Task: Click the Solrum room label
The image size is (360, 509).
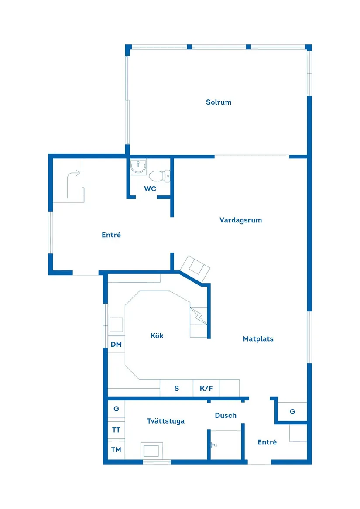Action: [219, 102]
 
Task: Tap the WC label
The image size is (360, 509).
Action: [150, 189]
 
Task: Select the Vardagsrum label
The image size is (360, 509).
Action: [240, 220]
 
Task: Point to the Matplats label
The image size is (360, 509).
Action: [258, 339]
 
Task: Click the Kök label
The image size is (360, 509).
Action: [157, 336]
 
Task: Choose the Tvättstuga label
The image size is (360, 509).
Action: [165, 421]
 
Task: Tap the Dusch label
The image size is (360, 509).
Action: [226, 416]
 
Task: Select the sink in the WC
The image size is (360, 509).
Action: [139, 167]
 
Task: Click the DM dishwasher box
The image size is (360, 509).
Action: [116, 345]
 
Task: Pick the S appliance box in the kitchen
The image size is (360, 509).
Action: [177, 388]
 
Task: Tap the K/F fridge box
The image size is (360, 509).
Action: [206, 388]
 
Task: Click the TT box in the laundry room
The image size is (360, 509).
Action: [116, 430]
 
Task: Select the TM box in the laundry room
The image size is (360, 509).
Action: [116, 450]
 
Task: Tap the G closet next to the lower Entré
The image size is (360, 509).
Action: [292, 412]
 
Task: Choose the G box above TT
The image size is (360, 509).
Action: [116, 409]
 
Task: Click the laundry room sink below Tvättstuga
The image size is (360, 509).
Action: [151, 450]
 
